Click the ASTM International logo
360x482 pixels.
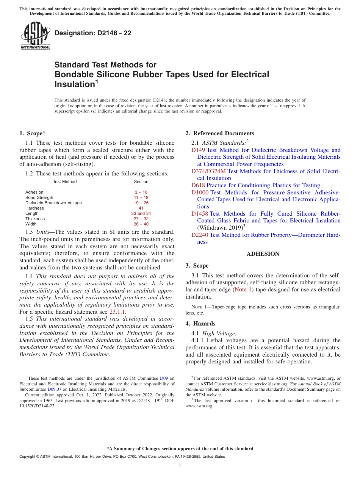point(35,36)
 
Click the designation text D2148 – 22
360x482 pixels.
point(93,33)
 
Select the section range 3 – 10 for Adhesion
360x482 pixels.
point(141,192)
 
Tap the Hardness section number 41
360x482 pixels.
point(141,208)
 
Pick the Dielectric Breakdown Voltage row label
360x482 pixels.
point(53,203)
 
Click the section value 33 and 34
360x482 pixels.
point(141,213)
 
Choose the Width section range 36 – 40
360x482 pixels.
point(141,224)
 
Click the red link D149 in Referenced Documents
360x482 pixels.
point(198,150)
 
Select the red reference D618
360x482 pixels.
point(198,185)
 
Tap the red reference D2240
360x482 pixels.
point(200,235)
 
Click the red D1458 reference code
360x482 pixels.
point(200,214)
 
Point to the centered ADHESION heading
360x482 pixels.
point(263,254)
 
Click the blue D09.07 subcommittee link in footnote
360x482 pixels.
point(54,389)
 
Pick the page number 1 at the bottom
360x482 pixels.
point(180,465)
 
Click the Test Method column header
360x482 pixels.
point(65,182)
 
